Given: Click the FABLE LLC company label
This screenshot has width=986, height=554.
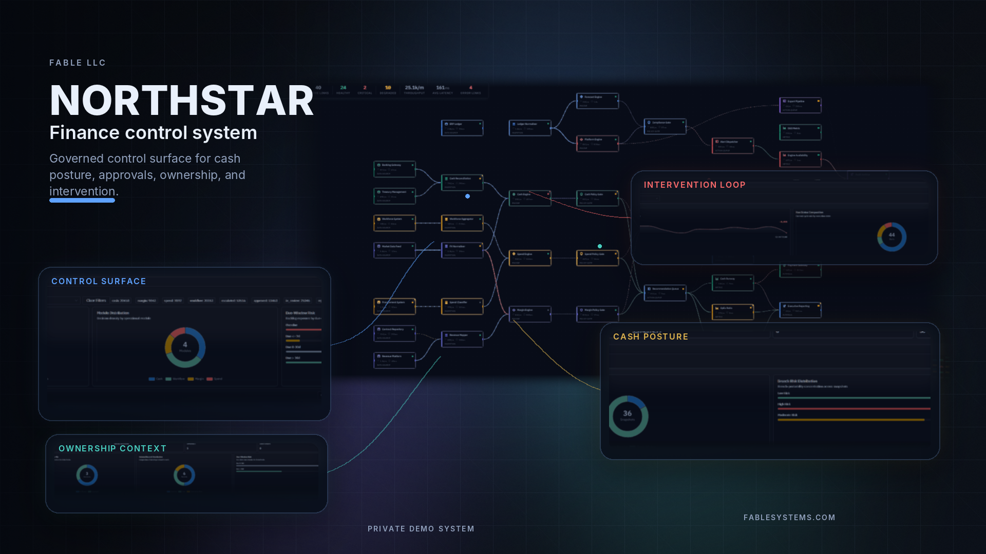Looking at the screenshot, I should tap(78, 63).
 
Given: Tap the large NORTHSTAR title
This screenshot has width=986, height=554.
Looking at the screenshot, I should tap(181, 101).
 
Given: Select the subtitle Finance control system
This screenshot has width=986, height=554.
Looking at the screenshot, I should tap(153, 133).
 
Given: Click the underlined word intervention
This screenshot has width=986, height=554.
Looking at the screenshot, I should tap(82, 191).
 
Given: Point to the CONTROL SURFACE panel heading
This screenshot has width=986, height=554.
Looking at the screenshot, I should tap(99, 281).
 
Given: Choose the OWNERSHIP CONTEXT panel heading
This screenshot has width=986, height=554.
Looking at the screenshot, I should tap(112, 448).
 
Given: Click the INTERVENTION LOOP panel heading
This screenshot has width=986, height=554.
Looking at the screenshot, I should tap(694, 185).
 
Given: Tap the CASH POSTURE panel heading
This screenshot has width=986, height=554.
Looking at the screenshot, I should tap(651, 337).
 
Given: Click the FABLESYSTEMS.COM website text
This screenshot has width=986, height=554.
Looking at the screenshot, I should tap(789, 518).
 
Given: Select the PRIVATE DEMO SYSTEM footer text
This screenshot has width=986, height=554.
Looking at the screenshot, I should tap(421, 529).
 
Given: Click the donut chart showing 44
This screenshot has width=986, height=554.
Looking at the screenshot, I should tap(892, 236).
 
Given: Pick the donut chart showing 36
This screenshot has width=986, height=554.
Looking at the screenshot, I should tap(628, 416).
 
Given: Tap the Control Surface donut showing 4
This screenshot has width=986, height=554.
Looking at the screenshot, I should tap(185, 347).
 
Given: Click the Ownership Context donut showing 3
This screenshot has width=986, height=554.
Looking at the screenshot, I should tap(87, 475).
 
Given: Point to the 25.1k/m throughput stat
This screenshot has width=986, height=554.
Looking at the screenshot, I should tap(414, 88).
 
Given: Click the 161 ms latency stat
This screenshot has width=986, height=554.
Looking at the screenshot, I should tap(442, 88).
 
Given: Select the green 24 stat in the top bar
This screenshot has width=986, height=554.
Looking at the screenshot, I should tap(343, 88).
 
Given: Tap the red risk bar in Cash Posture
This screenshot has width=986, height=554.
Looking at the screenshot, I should tap(854, 409).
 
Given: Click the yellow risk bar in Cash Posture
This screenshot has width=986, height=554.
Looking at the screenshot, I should tap(850, 420).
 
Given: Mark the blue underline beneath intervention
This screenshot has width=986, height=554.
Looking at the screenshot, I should tap(82, 201).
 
